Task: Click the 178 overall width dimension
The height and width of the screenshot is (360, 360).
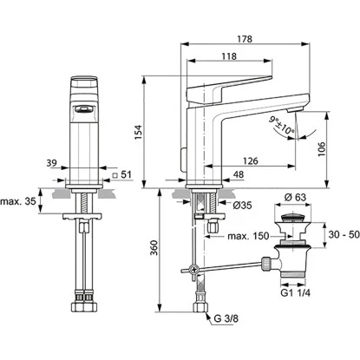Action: pos(245,39)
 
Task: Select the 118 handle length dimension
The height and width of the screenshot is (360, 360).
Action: pos(229,56)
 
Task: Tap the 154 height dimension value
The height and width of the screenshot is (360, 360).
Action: pos(138,132)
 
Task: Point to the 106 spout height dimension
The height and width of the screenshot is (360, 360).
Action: pos(322,149)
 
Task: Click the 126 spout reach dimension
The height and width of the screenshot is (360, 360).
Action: pos(250,161)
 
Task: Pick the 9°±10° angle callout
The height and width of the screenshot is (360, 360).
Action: pos(281,126)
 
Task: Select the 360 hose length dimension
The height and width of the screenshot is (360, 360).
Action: pos(154,248)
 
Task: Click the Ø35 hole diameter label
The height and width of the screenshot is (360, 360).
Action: pos(243,206)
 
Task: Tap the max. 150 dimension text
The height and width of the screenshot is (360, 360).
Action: pos(248,236)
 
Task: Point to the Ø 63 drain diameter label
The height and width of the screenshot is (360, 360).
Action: pos(295,197)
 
